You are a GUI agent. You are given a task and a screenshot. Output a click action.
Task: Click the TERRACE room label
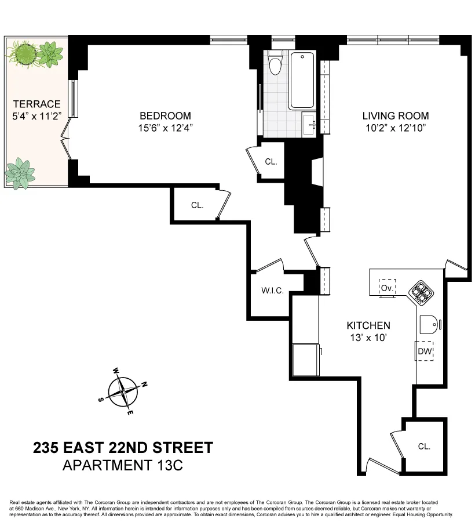point(36,104)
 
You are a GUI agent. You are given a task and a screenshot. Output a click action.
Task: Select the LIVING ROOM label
point(396,116)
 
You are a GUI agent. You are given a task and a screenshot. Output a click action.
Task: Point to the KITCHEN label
point(368,325)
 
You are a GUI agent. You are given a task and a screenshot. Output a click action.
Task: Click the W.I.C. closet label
point(272,291)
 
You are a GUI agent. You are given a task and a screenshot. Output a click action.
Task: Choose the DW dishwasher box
point(425,351)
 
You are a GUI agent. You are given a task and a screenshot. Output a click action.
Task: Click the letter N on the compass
point(145,384)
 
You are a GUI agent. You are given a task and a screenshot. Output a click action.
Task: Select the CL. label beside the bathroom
point(271,162)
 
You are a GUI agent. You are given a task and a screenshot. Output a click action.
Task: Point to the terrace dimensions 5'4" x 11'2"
point(36,115)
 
